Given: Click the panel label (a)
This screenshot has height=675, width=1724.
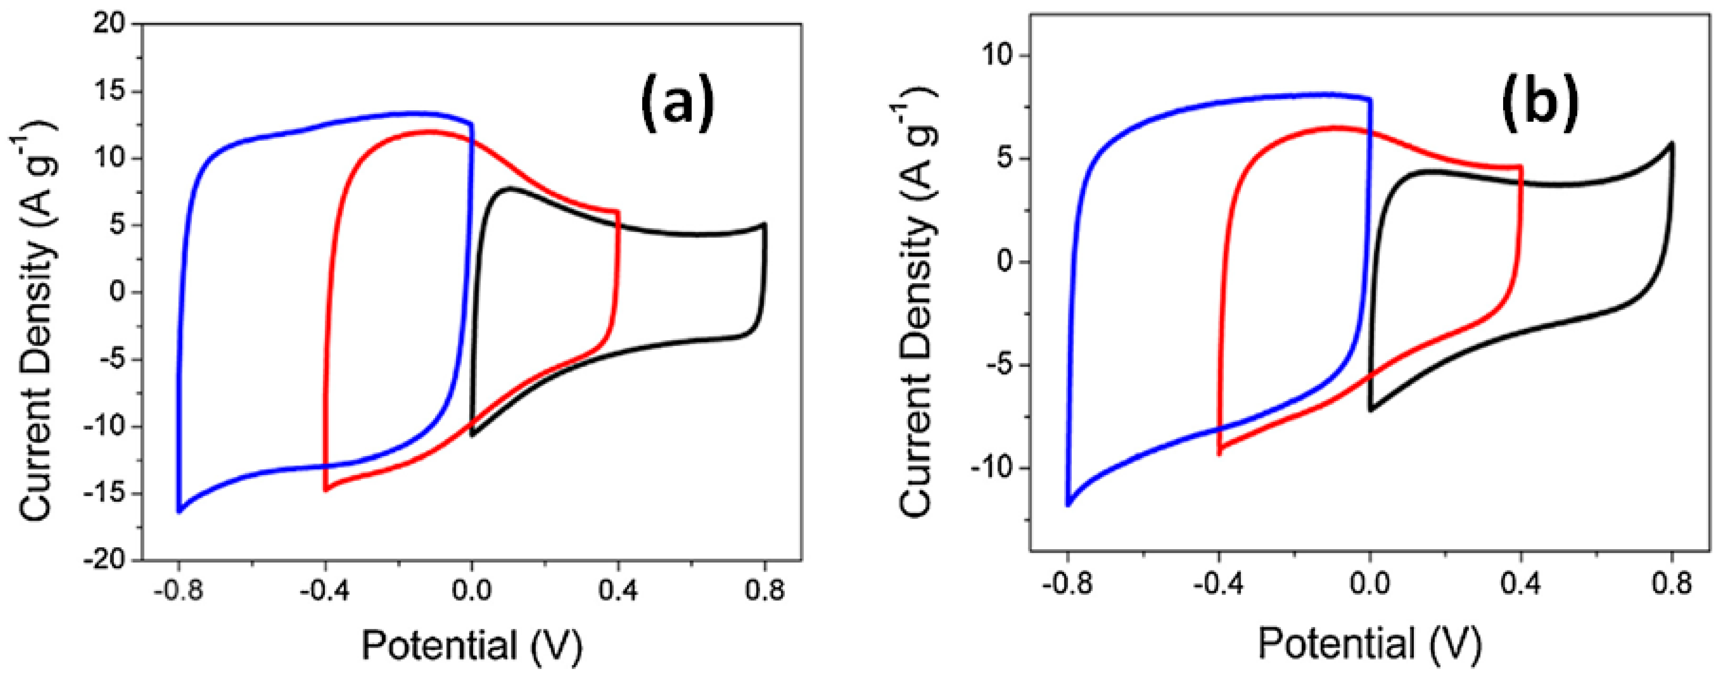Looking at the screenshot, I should (x=677, y=104).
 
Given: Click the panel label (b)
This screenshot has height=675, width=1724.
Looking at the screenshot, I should (x=1539, y=104).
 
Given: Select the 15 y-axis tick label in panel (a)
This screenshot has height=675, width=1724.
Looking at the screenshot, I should (x=109, y=92).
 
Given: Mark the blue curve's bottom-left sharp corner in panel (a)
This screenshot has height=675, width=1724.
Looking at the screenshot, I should (x=179, y=512).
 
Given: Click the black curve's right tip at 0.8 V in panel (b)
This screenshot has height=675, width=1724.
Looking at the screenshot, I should (x=1671, y=144).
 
